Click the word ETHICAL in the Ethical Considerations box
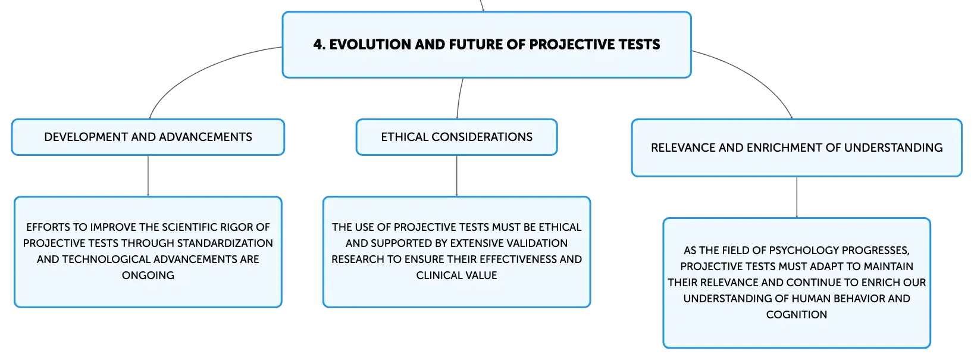[x=405, y=137]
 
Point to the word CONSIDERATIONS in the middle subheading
[x=482, y=137]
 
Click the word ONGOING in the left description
[x=148, y=276]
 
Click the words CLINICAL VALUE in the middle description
[x=456, y=276]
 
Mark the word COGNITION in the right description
[x=797, y=314]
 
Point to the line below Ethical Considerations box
[x=456, y=176]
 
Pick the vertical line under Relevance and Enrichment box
[x=797, y=198]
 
